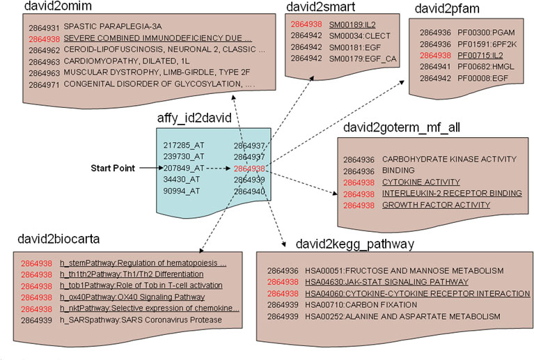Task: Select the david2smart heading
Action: coord(321,8)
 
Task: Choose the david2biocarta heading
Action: coord(58,239)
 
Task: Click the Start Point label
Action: coord(113,168)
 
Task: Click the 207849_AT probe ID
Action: coord(183,168)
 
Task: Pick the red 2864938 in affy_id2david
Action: coord(249,168)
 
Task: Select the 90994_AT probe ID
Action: coord(181,191)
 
